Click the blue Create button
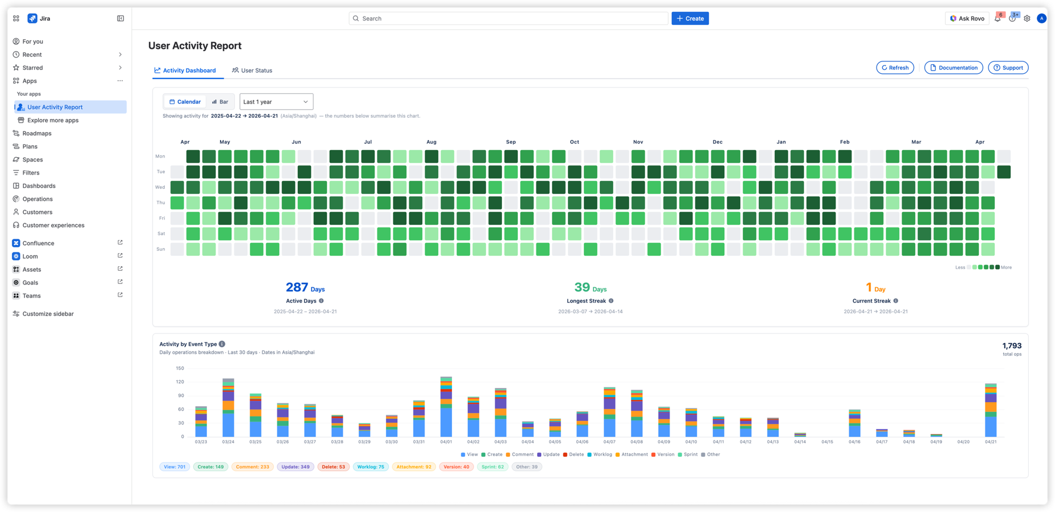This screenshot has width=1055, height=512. (690, 18)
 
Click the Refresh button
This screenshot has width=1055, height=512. (895, 68)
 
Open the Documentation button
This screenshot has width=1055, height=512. (953, 68)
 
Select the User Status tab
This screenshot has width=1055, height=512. (252, 71)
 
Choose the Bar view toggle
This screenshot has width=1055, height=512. (220, 102)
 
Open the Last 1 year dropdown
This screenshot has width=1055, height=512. (276, 102)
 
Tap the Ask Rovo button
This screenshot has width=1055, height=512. (967, 18)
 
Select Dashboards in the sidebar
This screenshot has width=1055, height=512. (39, 186)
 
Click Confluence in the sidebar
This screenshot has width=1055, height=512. (38, 243)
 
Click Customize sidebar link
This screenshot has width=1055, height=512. (48, 313)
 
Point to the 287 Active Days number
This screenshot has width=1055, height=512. (297, 287)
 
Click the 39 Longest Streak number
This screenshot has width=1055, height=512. (582, 287)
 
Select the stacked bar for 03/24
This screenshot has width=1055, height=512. (228, 408)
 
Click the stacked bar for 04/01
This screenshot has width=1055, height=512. (446, 407)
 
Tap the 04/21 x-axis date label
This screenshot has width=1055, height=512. (991, 442)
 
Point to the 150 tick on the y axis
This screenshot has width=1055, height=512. (180, 369)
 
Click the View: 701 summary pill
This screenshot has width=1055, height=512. (175, 466)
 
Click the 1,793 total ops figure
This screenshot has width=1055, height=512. (1011, 346)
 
